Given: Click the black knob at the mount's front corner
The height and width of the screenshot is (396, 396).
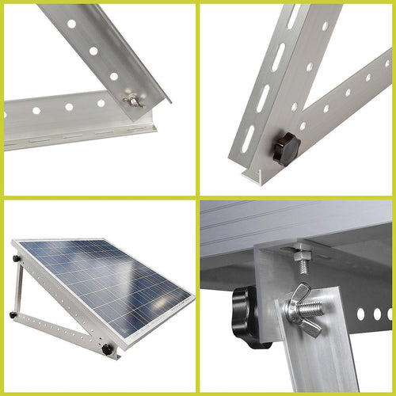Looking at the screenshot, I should click(107, 348).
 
